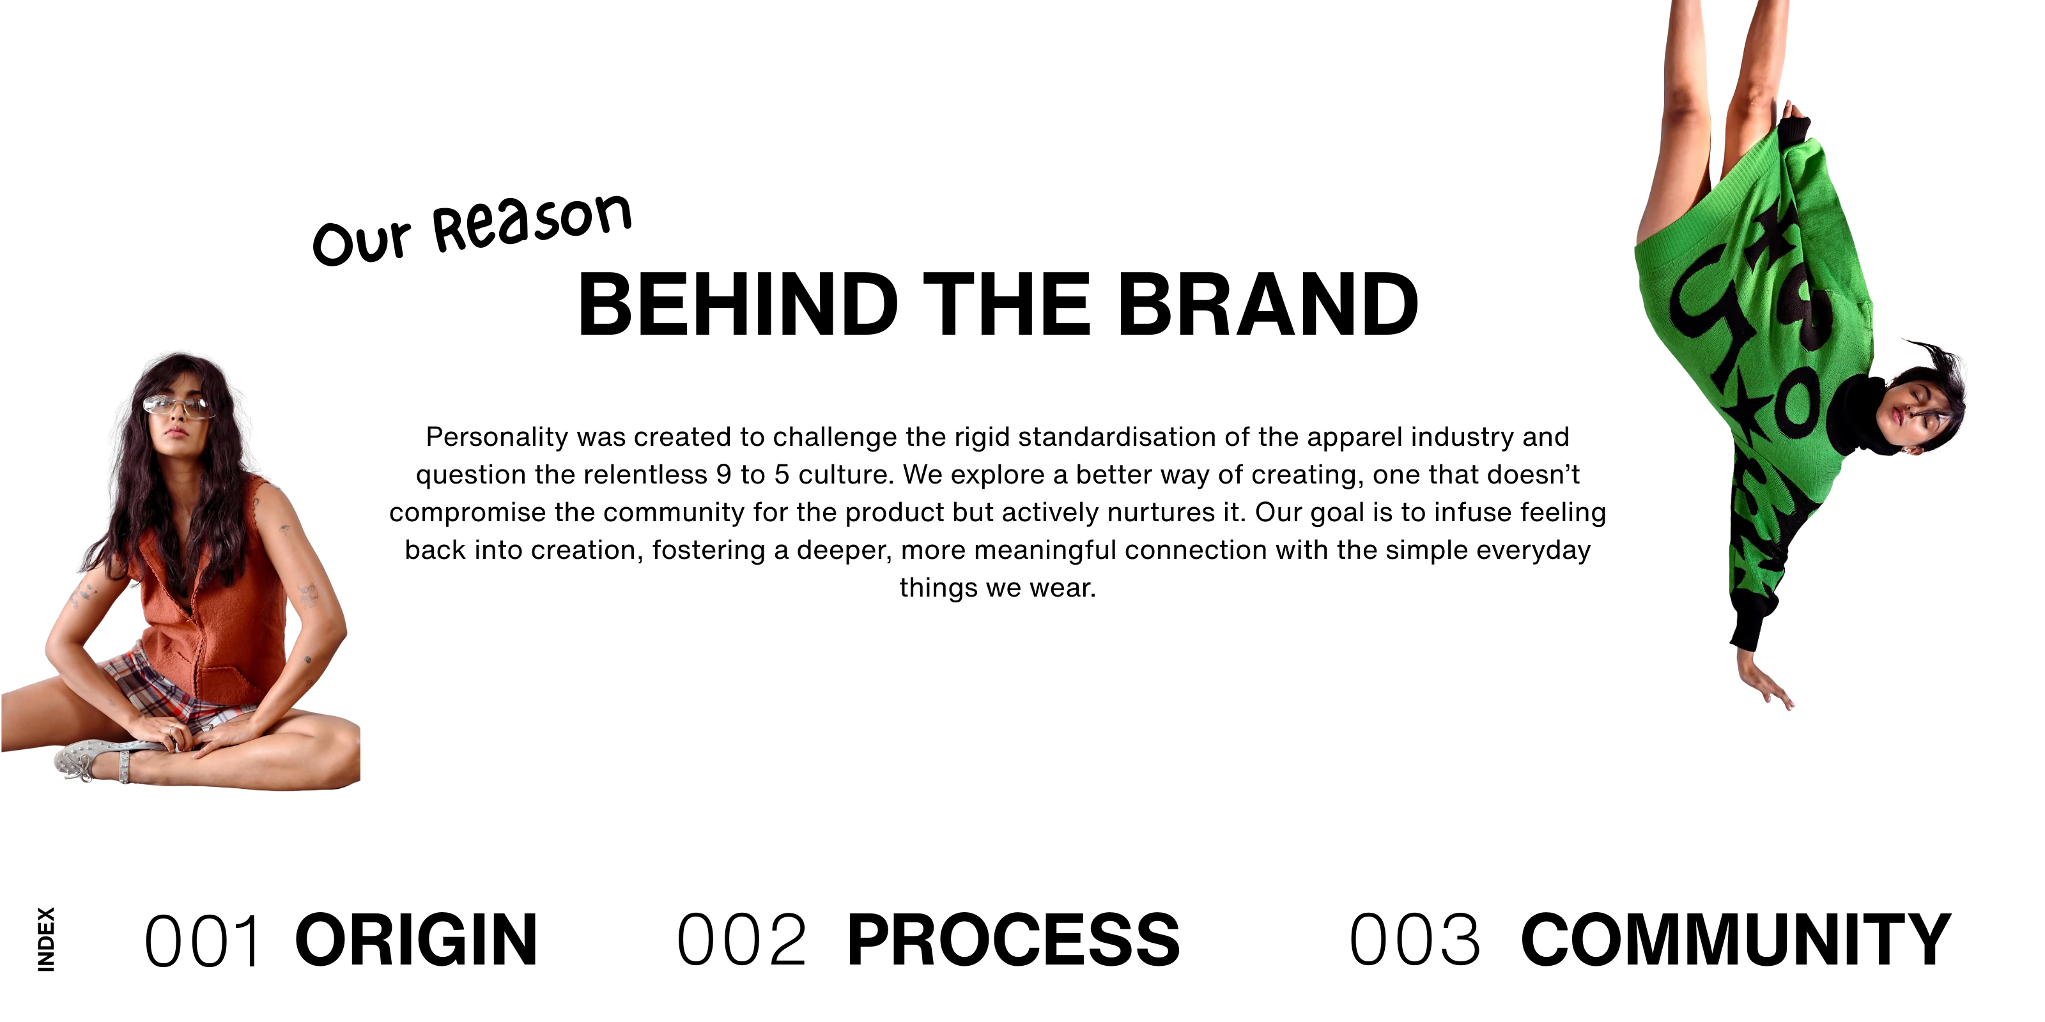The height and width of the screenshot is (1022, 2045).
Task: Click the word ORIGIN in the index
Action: (x=416, y=940)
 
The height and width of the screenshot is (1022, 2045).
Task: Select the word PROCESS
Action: (x=1013, y=940)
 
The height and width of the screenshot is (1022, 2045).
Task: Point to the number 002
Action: (x=741, y=940)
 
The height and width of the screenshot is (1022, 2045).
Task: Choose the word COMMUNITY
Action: (x=1736, y=940)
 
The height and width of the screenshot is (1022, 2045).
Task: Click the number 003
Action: (x=1415, y=940)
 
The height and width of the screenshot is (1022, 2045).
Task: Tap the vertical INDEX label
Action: (x=47, y=940)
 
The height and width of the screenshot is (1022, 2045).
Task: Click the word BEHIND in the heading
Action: (x=738, y=305)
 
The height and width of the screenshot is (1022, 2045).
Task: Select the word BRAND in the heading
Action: (x=1268, y=305)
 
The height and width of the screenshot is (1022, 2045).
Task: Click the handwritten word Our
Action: (x=361, y=241)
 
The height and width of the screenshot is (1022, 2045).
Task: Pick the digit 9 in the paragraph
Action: (x=723, y=475)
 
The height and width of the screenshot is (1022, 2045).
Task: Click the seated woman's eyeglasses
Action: (x=177, y=406)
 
